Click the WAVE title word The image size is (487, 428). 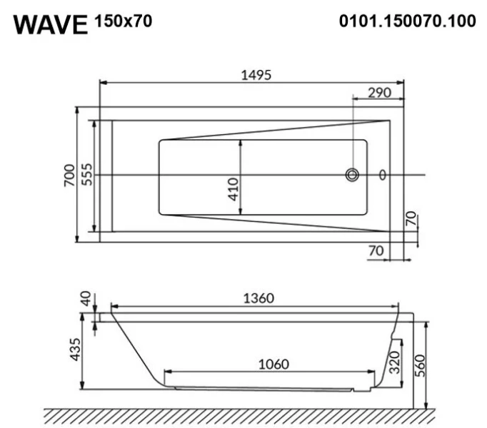pyautogui.click(x=50, y=24)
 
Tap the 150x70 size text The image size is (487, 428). pyautogui.click(x=123, y=21)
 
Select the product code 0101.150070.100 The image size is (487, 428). pyautogui.click(x=407, y=21)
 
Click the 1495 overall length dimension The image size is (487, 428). pyautogui.click(x=256, y=75)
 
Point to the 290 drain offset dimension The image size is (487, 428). pyautogui.click(x=380, y=93)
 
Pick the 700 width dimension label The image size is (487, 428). pyautogui.click(x=69, y=175)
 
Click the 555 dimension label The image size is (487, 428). pyautogui.click(x=87, y=175)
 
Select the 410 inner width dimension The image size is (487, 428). pyautogui.click(x=233, y=189)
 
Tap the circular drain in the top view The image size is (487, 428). pyautogui.click(x=352, y=175)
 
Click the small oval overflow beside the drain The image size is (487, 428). pyautogui.click(x=383, y=175)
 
